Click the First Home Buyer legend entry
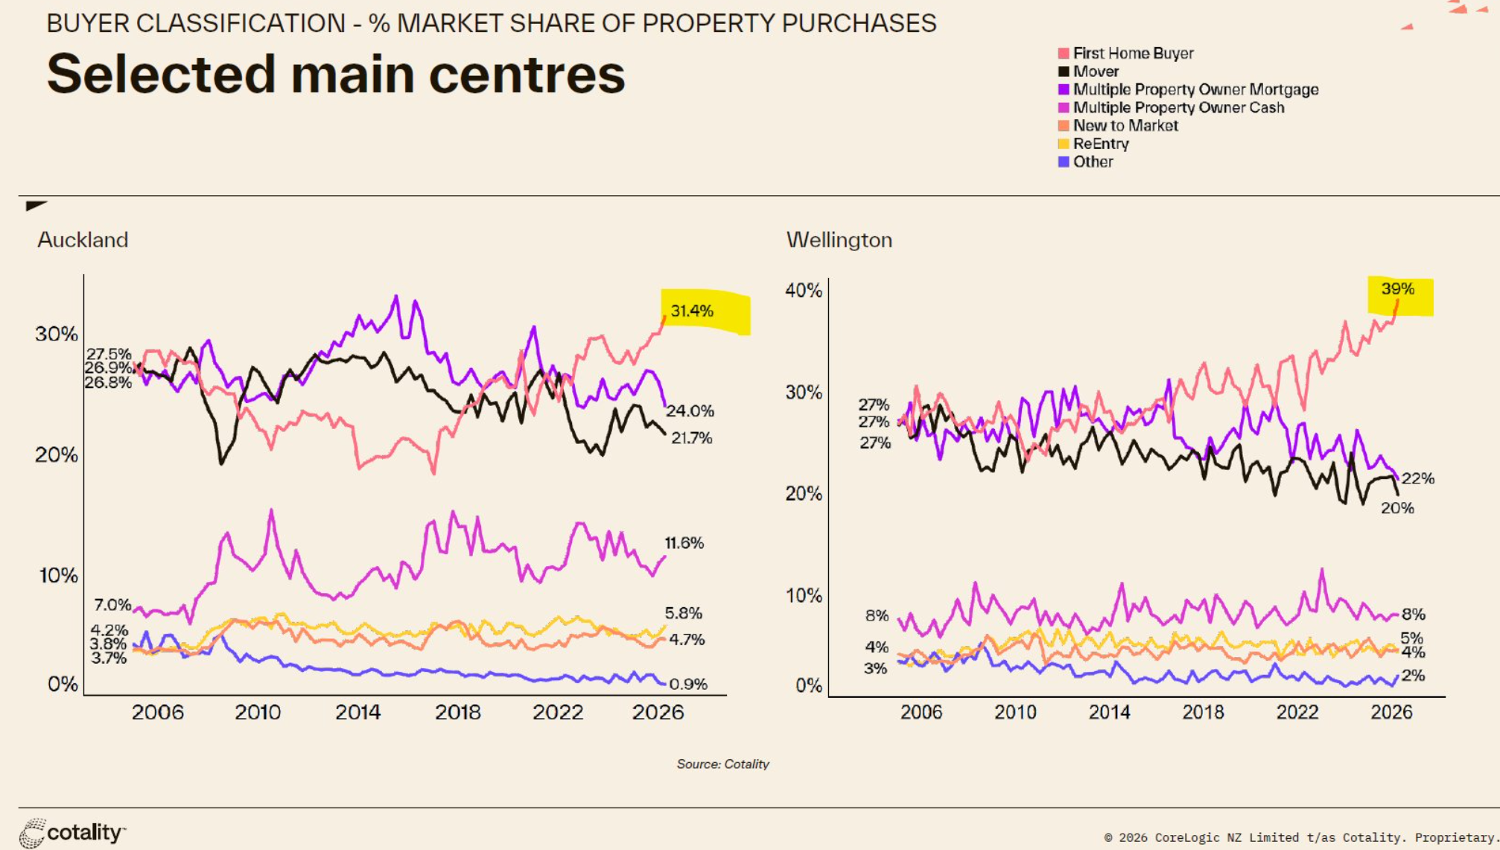click(1125, 53)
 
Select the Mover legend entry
click(1088, 72)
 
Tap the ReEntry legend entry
click(1093, 144)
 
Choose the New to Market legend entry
click(1118, 126)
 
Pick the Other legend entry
click(1085, 162)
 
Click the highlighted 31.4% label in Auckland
click(692, 311)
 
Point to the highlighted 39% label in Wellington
click(1397, 289)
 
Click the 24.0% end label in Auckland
click(690, 410)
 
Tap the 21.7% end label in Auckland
click(692, 438)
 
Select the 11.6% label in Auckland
click(684, 543)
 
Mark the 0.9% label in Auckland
click(688, 684)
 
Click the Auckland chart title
click(83, 240)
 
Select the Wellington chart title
click(839, 240)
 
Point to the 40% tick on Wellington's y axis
click(804, 291)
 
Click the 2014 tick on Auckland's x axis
click(357, 712)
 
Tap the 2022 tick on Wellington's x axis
click(1297, 712)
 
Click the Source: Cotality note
click(722, 764)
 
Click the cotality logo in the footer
click(73, 833)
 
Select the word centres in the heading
click(527, 74)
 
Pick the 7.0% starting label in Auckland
click(112, 605)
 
